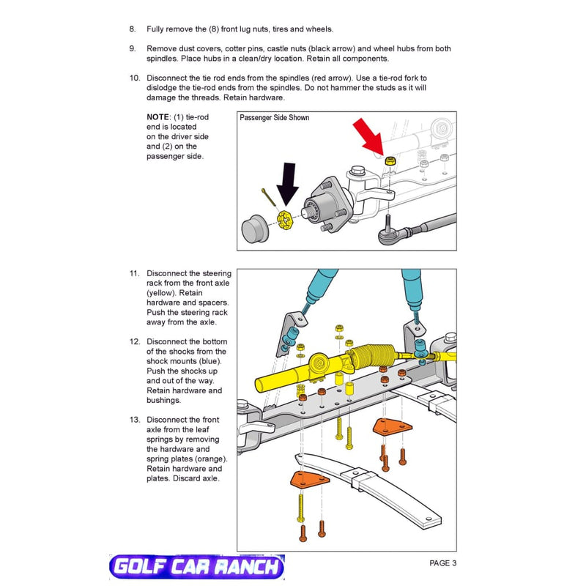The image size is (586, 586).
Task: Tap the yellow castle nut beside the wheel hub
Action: [x=286, y=218]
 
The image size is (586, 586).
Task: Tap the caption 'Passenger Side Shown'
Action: [x=275, y=118]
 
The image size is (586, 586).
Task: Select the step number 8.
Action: [x=133, y=29]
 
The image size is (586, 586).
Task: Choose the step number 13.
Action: [x=134, y=420]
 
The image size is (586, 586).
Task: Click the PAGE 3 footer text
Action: [x=443, y=563]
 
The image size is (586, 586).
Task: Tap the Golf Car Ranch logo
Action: [x=196, y=567]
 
